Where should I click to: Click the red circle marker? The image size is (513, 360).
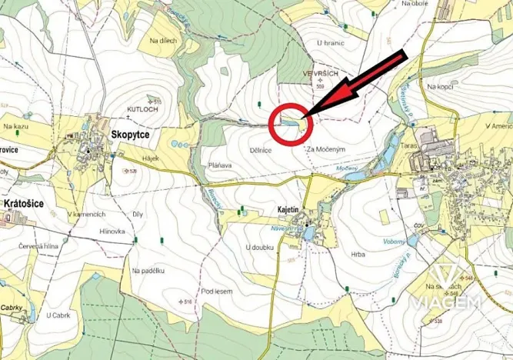pos(290,124)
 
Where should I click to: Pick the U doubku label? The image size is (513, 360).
pos(259,248)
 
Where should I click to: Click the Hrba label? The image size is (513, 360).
pos(358,254)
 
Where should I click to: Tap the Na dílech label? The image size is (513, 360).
pos(163,41)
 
